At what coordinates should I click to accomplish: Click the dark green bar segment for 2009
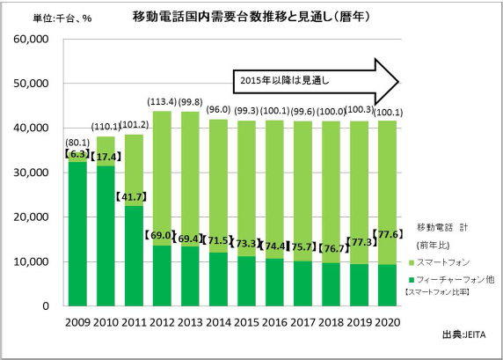coord(77,233)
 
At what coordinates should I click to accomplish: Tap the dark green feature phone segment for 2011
coord(134,255)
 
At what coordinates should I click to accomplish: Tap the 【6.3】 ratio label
coord(77,154)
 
